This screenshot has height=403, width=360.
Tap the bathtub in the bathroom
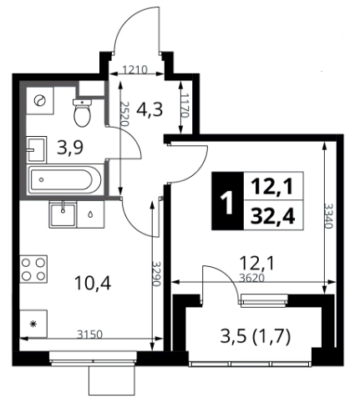(x=65, y=179)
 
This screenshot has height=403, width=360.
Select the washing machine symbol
(x=40, y=100)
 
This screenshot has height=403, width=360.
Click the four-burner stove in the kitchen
(x=33, y=269)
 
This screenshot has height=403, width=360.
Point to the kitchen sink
(x=63, y=214)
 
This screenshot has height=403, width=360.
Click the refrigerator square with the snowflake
(x=33, y=324)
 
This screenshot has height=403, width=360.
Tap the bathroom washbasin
(x=37, y=149)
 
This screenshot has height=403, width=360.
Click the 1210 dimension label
(x=134, y=70)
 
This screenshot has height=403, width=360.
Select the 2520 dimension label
(x=124, y=113)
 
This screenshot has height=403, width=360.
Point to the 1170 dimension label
(x=185, y=105)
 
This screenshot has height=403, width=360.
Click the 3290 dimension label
(x=156, y=274)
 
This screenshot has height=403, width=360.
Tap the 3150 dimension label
(x=89, y=335)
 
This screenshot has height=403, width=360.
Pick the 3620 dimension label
(x=251, y=278)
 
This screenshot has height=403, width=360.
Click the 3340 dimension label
(x=328, y=216)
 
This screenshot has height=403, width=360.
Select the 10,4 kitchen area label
(x=93, y=284)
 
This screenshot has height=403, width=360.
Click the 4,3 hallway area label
(x=150, y=109)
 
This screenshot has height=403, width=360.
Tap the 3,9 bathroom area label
(x=70, y=148)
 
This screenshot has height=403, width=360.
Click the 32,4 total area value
(x=272, y=216)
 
